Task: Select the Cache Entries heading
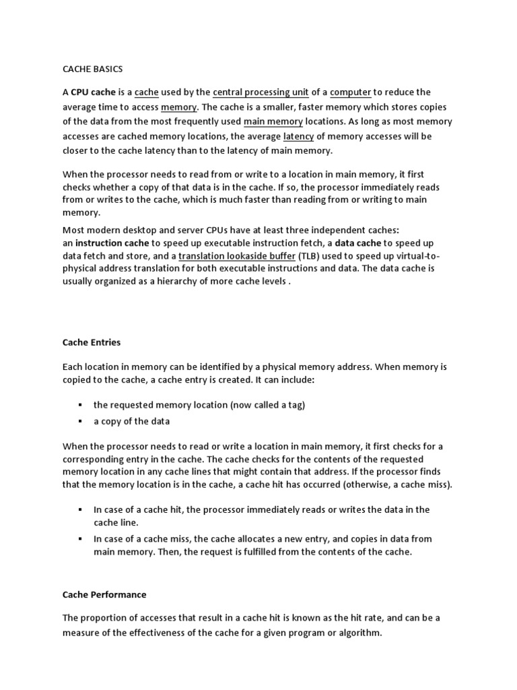92,342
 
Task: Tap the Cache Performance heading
104,595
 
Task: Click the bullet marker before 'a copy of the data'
79,421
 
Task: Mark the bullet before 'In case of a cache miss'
79,539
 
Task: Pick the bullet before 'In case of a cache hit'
79,509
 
